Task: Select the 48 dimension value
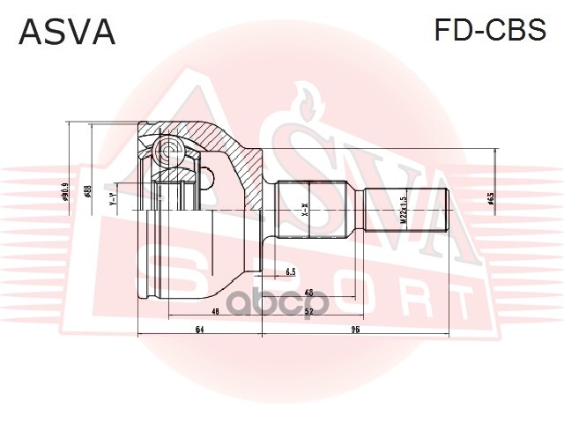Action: (214, 311)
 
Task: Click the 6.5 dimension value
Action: (290, 271)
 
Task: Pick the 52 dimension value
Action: (308, 311)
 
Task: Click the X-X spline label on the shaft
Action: (305, 211)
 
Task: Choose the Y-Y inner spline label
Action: (113, 200)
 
